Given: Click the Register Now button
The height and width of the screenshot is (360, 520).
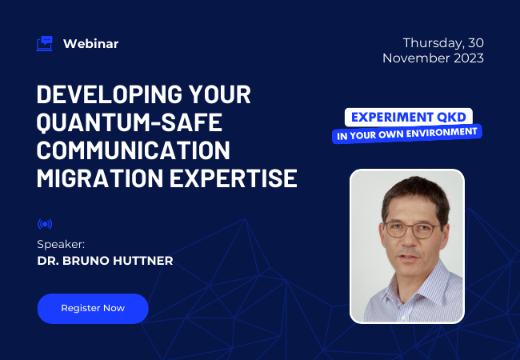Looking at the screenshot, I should click(93, 308).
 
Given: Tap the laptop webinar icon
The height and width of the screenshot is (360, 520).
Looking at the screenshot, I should click(45, 43).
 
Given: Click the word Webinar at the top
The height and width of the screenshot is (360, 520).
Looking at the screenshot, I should click(90, 44).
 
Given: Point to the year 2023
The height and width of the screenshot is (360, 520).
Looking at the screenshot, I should click(467, 58).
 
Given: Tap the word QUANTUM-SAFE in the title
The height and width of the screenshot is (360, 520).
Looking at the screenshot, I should click(128, 123).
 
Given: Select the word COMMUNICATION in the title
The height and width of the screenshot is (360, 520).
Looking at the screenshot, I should click(134, 150).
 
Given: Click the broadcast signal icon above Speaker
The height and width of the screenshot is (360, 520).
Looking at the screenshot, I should click(45, 224).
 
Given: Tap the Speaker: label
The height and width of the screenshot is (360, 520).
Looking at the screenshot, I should click(60, 243).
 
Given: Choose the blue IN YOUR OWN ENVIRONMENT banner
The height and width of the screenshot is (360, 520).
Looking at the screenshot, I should click(407, 133).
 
